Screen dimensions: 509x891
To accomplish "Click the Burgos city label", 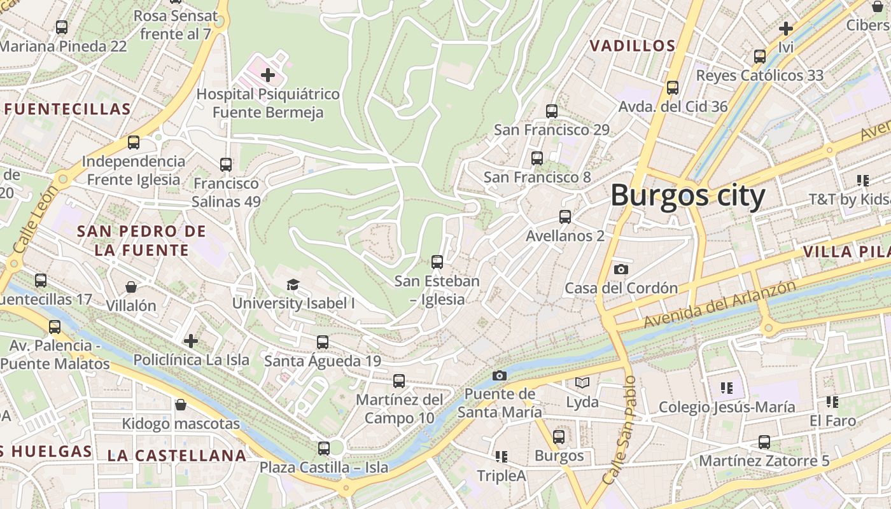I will point(687,195).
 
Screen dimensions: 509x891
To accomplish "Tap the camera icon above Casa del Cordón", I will point(621,269).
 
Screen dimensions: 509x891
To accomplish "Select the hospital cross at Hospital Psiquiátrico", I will point(268,75).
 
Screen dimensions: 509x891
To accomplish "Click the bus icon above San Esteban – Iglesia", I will point(437,261).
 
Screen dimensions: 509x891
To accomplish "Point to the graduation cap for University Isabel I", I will point(293,284).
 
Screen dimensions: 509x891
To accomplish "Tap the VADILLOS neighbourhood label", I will point(632,46).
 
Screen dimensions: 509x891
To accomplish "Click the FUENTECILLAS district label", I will point(67,109).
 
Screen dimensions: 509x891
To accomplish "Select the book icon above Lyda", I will point(582,382).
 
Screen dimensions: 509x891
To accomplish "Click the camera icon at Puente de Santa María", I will point(500,375).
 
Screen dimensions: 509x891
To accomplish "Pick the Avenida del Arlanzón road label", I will point(719,304).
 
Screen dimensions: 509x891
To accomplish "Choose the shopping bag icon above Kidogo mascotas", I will point(181,405).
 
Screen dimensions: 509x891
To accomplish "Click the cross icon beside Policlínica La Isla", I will point(191,341).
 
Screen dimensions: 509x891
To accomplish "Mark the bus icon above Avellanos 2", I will point(565,216).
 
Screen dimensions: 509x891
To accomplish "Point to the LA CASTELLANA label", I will point(176,456).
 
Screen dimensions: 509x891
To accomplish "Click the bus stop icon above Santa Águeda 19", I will point(323,342).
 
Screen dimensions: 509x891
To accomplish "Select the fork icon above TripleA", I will point(502,456).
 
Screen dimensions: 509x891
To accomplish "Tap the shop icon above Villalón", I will point(130,287).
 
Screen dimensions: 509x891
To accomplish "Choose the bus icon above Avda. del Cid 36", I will point(673,87).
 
